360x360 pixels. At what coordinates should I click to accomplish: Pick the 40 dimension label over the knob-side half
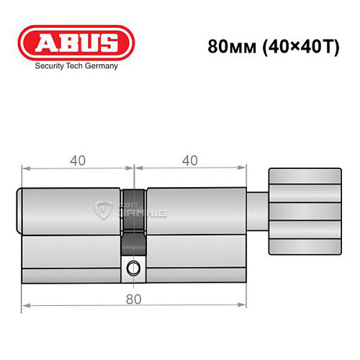(190, 161)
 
